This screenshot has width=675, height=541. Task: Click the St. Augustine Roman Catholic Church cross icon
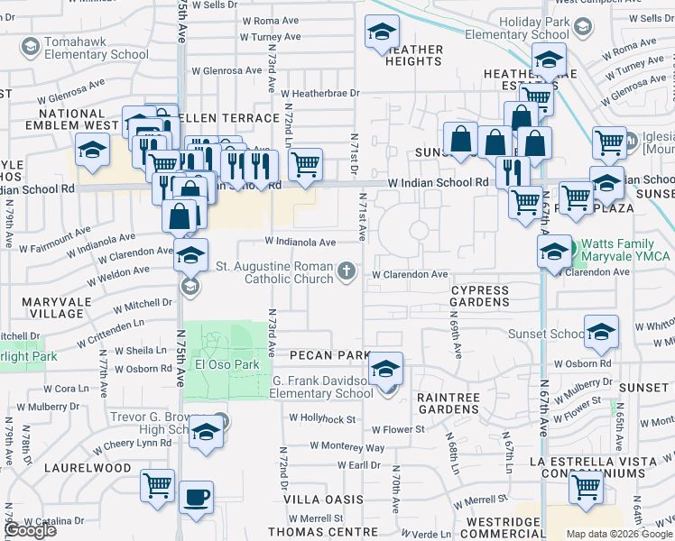347,271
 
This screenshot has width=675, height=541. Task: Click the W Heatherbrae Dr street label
319,93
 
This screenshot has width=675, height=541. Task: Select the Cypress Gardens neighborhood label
480,296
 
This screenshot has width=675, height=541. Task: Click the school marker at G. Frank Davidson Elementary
385,370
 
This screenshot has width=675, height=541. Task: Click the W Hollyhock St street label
323,418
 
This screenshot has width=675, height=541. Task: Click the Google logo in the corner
30,530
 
